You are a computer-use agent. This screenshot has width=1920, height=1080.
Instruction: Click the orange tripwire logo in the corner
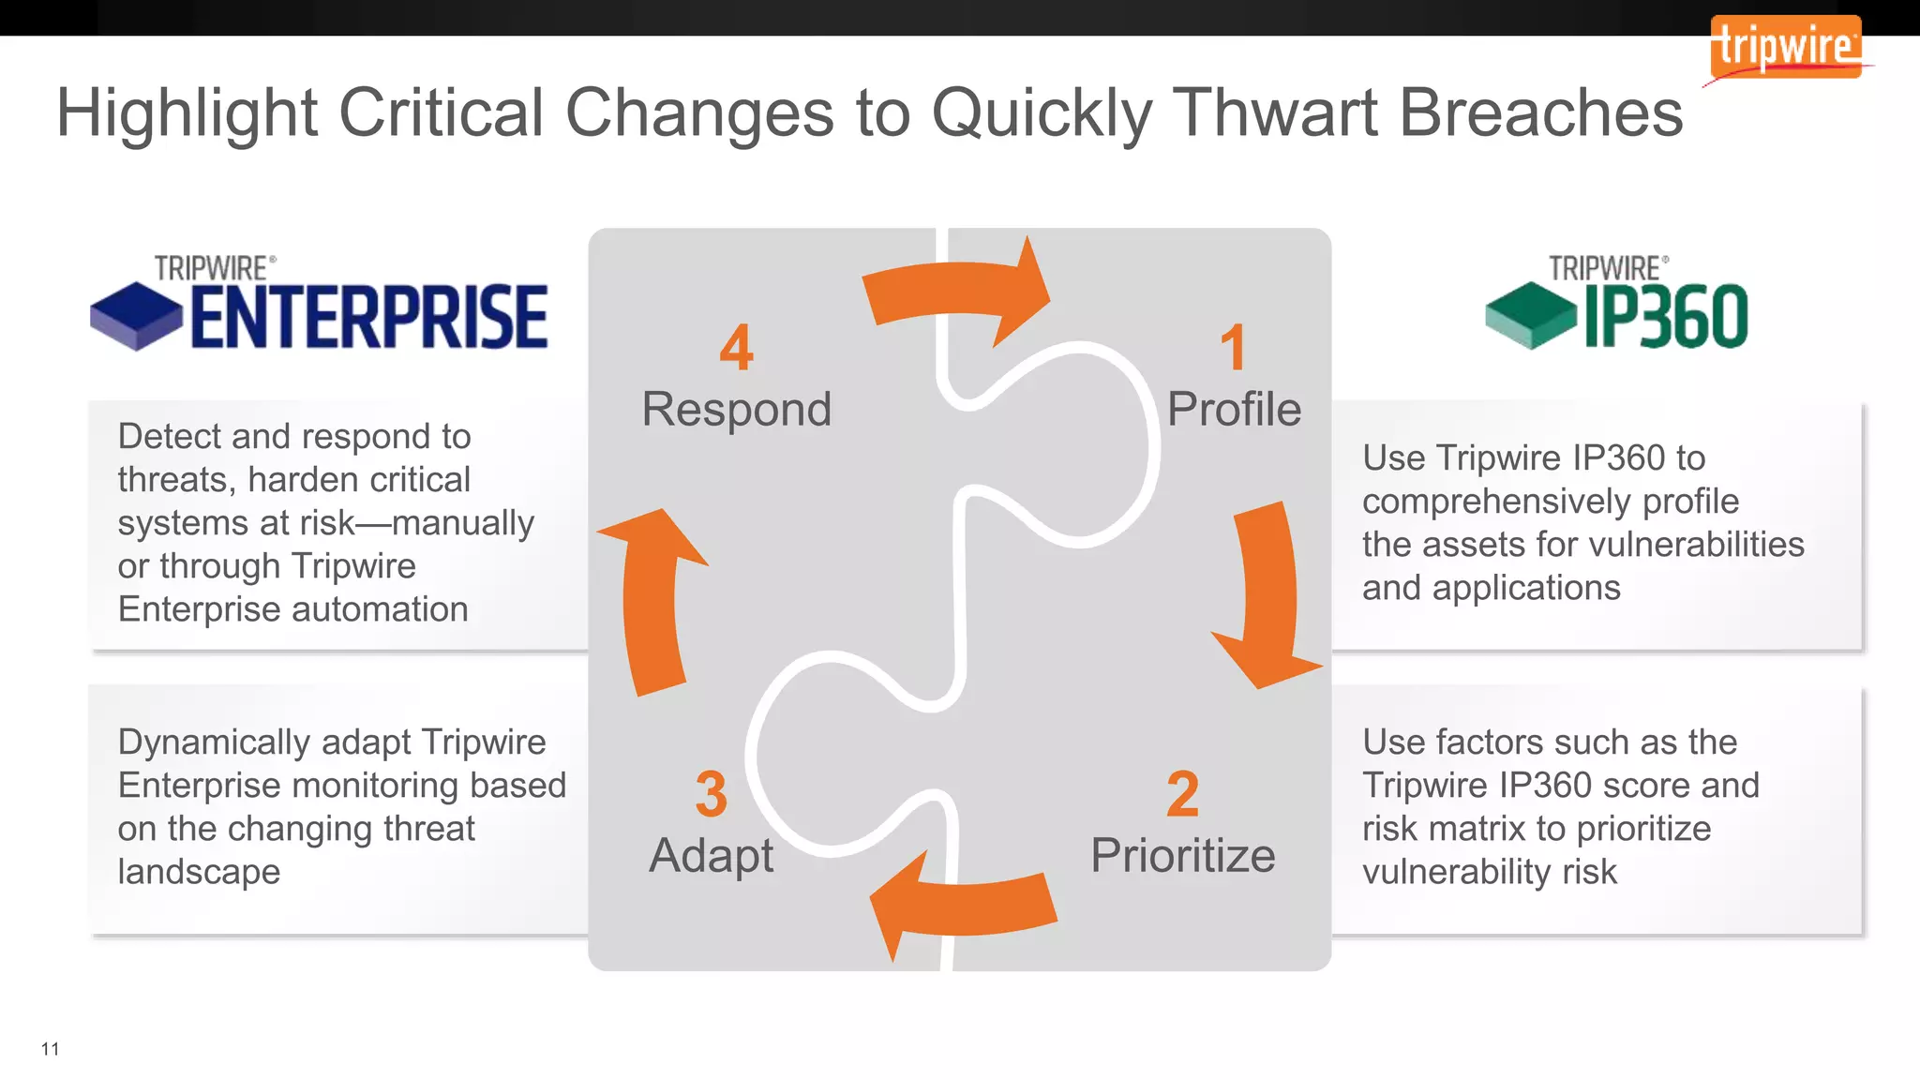1785,47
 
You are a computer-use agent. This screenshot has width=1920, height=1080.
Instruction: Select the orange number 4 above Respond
736,348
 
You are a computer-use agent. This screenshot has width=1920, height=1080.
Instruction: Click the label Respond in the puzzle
736,410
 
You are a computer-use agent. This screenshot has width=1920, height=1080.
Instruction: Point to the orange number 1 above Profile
1233,348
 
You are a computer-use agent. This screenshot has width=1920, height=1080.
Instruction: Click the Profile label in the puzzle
1234,410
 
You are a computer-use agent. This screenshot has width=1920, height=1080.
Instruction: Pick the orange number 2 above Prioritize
1182,794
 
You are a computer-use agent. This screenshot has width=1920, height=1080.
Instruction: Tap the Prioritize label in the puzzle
1182,856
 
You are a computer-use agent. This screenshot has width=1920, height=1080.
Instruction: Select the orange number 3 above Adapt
711,794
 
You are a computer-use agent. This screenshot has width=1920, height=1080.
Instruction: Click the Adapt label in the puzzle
711,856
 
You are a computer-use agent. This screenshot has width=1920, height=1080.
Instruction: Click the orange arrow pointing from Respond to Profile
956,291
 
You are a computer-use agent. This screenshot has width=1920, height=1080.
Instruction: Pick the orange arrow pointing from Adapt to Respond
653,600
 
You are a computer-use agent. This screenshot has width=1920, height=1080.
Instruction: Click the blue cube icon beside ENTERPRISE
136,317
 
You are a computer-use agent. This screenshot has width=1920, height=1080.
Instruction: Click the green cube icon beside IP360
1531,316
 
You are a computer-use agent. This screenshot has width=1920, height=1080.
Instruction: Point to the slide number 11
51,1049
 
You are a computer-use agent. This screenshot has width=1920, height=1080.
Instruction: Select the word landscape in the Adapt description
199,872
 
